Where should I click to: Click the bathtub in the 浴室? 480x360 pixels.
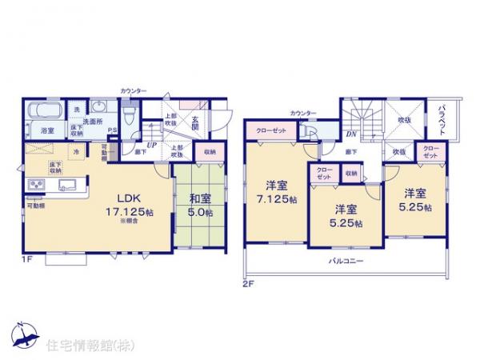[45, 111]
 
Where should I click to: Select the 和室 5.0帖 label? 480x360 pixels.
[201, 206]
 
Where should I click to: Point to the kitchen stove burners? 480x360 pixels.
[37, 186]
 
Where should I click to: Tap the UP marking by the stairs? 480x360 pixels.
[150, 143]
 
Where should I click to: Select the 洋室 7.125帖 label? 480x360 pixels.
[276, 189]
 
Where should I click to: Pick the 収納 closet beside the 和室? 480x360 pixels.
[209, 152]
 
